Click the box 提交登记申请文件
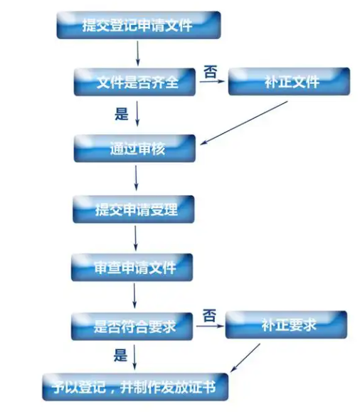point(139,25)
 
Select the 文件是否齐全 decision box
point(134,82)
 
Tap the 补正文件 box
point(289,81)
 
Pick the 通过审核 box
point(134,148)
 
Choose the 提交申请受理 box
point(134,209)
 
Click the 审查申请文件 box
point(132,268)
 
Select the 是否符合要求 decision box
point(132,327)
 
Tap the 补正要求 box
point(286,324)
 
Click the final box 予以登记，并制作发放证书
point(135,387)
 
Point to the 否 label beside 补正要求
point(209,315)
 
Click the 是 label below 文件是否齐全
point(122,114)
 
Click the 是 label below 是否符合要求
point(120,355)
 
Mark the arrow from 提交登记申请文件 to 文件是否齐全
point(138,53)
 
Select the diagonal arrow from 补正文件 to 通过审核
point(244,122)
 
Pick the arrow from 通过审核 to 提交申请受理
point(136,178)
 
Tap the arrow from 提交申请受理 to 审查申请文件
point(136,238)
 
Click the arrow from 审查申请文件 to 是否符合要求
point(134,295)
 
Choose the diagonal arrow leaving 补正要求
point(245,358)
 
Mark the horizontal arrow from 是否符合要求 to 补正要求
point(210,327)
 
